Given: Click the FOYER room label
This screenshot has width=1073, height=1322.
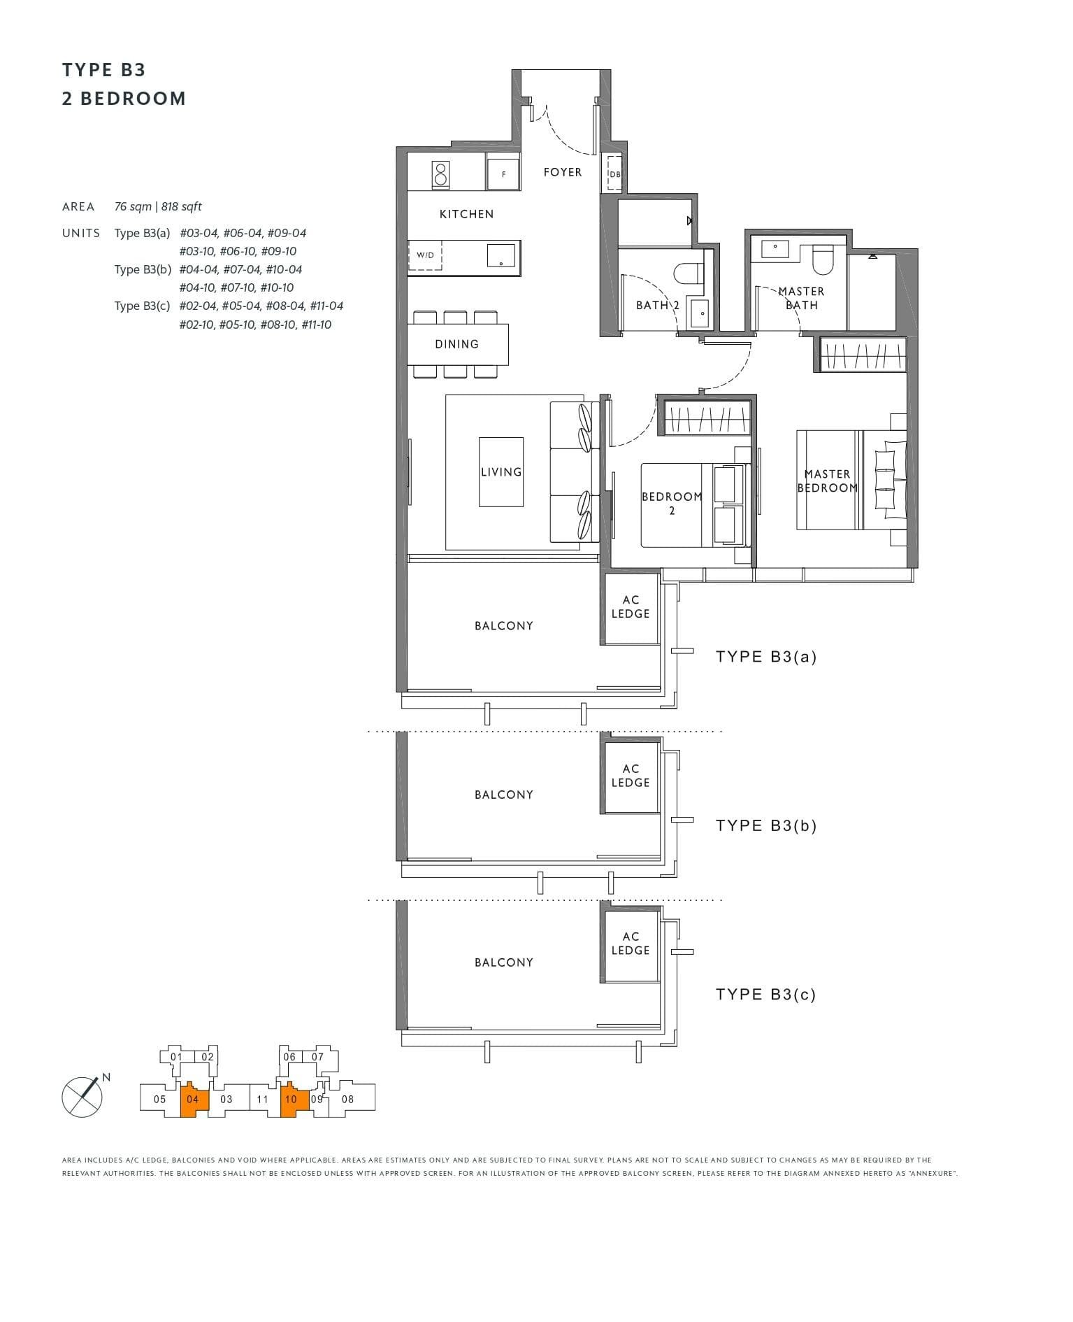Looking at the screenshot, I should pyautogui.click(x=562, y=172).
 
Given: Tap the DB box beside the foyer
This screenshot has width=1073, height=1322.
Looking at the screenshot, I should pyautogui.click(x=614, y=173).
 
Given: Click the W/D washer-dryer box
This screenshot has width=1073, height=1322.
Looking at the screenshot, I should pyautogui.click(x=425, y=255).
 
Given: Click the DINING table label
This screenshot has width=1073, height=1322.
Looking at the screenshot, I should pyautogui.click(x=456, y=344).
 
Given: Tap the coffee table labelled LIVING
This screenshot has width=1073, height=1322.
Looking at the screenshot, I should pyautogui.click(x=501, y=472).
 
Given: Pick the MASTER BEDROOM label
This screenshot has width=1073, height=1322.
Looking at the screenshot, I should pyautogui.click(x=827, y=481).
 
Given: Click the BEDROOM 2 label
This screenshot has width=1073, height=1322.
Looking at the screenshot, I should pyautogui.click(x=672, y=503).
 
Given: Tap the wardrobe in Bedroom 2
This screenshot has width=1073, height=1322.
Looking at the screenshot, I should pyautogui.click(x=707, y=418).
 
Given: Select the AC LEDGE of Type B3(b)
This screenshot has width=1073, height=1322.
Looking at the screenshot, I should pyautogui.click(x=631, y=776).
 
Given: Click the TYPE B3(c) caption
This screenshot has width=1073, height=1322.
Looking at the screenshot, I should pyautogui.click(x=765, y=995).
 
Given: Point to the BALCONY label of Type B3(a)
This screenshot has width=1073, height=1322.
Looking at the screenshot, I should pyautogui.click(x=503, y=626).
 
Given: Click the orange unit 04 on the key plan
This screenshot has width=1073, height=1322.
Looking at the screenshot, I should pyautogui.click(x=193, y=1100).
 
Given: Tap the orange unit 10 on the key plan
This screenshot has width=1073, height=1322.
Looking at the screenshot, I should pyautogui.click(x=291, y=1100).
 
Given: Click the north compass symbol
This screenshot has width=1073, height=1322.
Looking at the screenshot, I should pyautogui.click(x=82, y=1096).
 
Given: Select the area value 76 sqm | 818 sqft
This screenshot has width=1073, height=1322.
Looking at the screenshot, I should pyautogui.click(x=158, y=207).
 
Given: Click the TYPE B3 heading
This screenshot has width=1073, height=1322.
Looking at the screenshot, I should pyautogui.click(x=103, y=70).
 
